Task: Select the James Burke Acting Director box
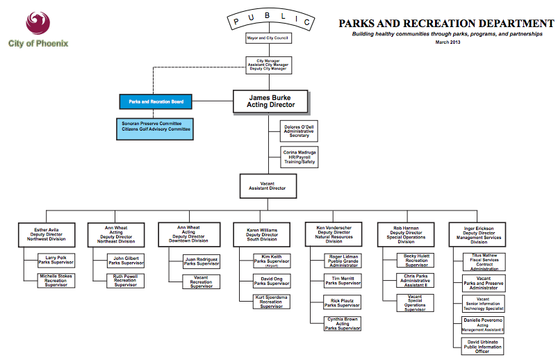click(270, 101)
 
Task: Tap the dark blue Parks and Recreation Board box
click(156, 102)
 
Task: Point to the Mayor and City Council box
click(268, 38)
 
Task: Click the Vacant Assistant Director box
click(268, 186)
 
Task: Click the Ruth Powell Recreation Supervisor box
click(126, 281)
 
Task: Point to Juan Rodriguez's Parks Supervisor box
click(202, 261)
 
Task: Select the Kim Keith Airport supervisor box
click(272, 261)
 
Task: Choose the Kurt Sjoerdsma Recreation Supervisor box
click(272, 302)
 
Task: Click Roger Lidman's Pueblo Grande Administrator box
click(343, 261)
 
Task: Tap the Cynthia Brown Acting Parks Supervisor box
click(343, 323)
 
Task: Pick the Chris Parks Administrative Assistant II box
click(416, 281)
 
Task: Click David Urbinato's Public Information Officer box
click(482, 346)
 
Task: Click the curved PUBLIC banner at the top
click(268, 18)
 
